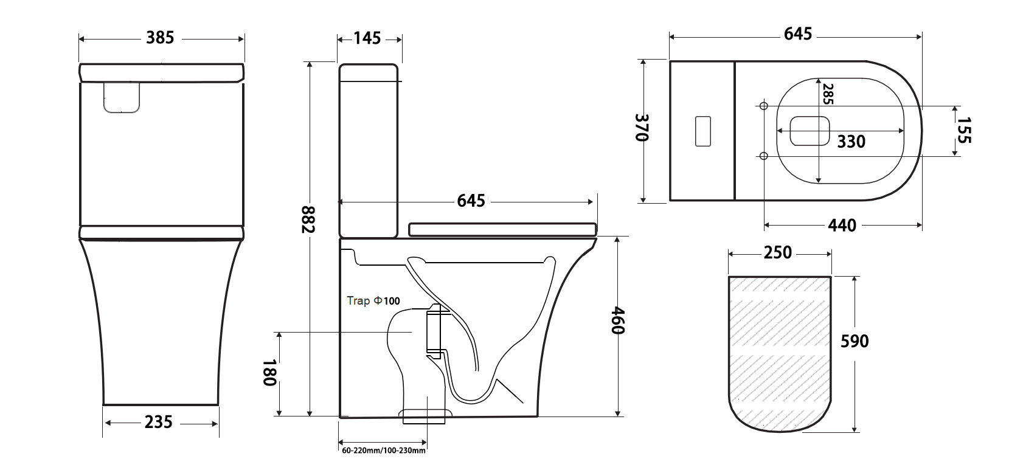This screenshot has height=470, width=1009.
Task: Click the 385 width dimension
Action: (x=160, y=38)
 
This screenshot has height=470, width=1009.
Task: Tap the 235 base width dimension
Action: (x=159, y=423)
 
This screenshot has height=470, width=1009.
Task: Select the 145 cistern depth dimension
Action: (x=367, y=38)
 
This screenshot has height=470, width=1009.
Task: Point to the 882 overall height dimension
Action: (x=308, y=219)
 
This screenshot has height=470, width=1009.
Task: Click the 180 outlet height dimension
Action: (x=269, y=373)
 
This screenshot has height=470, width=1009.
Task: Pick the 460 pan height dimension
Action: (x=617, y=320)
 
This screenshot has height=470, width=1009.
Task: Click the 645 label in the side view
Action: (x=471, y=201)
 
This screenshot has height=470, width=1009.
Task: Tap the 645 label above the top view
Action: (x=798, y=34)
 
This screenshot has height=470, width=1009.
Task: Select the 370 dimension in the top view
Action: (x=642, y=128)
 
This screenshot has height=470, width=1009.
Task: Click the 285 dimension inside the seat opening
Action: (x=828, y=94)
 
